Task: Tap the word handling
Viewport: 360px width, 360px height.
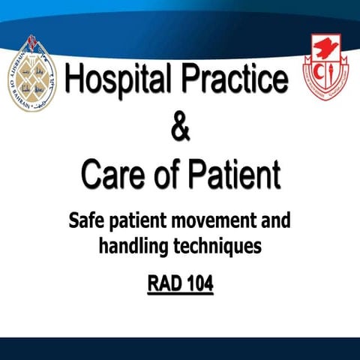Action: coord(135,245)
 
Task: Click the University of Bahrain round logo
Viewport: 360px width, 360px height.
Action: coord(32,73)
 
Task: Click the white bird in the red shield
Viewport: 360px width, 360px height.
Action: coord(325,60)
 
